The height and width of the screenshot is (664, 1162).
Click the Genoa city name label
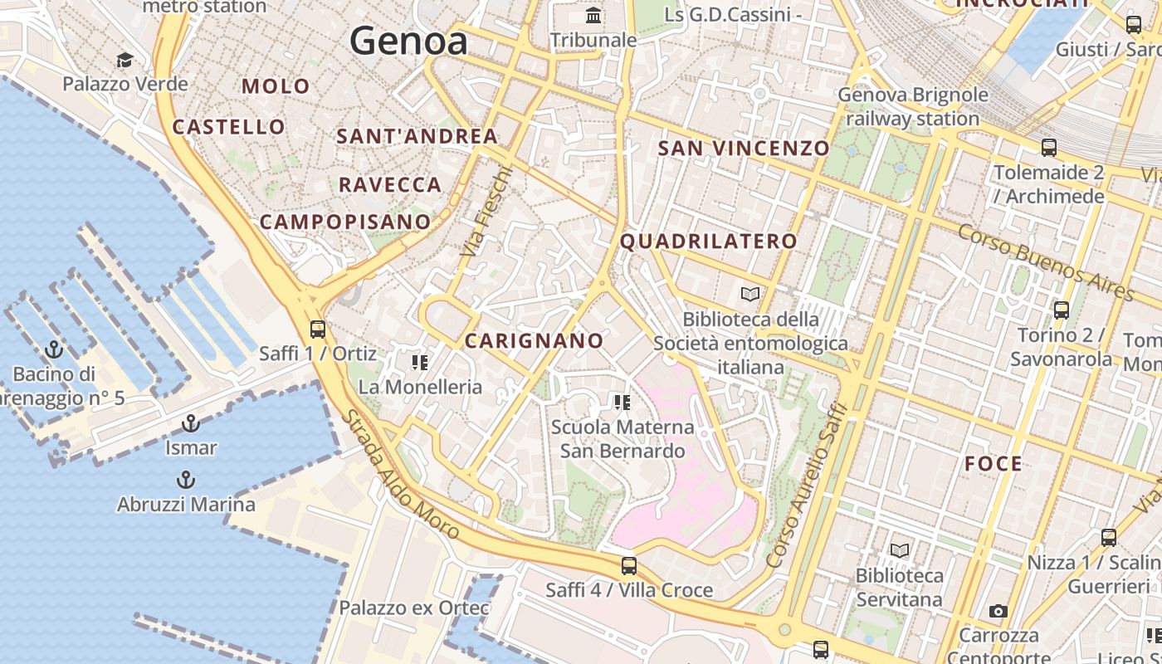click(x=408, y=41)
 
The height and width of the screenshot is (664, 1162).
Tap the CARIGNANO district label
click(x=534, y=340)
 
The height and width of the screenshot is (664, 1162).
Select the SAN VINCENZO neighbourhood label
click(x=744, y=149)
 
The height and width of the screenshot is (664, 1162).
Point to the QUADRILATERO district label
click(x=708, y=242)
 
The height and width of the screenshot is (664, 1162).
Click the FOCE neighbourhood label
click(x=994, y=464)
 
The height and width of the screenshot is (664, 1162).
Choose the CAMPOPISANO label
click(x=345, y=222)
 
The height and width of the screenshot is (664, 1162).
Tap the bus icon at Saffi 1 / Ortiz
click(x=317, y=329)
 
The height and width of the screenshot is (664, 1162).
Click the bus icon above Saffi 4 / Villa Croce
click(x=629, y=566)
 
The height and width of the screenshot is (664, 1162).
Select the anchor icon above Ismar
click(x=191, y=423)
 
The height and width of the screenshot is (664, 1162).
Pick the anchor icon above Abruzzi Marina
click(x=186, y=480)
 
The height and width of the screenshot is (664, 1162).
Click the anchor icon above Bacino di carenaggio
click(x=54, y=349)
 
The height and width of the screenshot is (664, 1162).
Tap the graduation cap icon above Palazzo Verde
click(x=124, y=60)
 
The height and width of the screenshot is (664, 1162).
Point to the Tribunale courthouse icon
click(x=593, y=16)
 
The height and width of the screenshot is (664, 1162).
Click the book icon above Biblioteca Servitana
click(x=900, y=550)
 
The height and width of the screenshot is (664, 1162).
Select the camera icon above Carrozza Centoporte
click(x=998, y=612)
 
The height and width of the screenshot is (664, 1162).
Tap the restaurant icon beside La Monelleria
click(x=420, y=362)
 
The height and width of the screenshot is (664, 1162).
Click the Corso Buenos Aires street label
click(x=1046, y=261)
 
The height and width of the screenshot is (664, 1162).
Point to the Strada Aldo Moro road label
click(x=400, y=476)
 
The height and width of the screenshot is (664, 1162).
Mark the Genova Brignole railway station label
click(x=913, y=106)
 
